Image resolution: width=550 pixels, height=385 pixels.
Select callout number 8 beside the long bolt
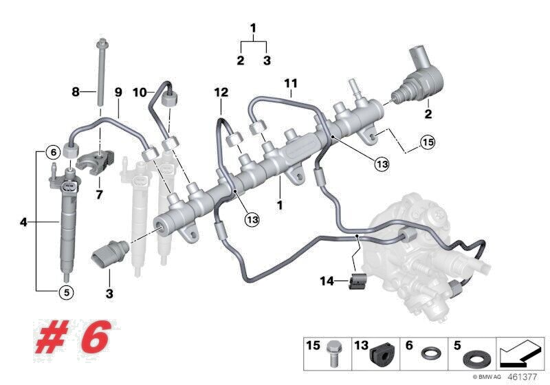click(76, 91)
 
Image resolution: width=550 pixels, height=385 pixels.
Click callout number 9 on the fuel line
click(118, 91)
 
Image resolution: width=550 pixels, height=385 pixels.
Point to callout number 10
click(139, 91)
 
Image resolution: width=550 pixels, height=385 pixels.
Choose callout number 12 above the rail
click(220, 91)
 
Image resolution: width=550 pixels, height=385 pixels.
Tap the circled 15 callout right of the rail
click(428, 144)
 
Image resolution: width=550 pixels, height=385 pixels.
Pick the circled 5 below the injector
click(65, 291)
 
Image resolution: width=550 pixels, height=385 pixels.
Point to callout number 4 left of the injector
click(23, 222)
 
